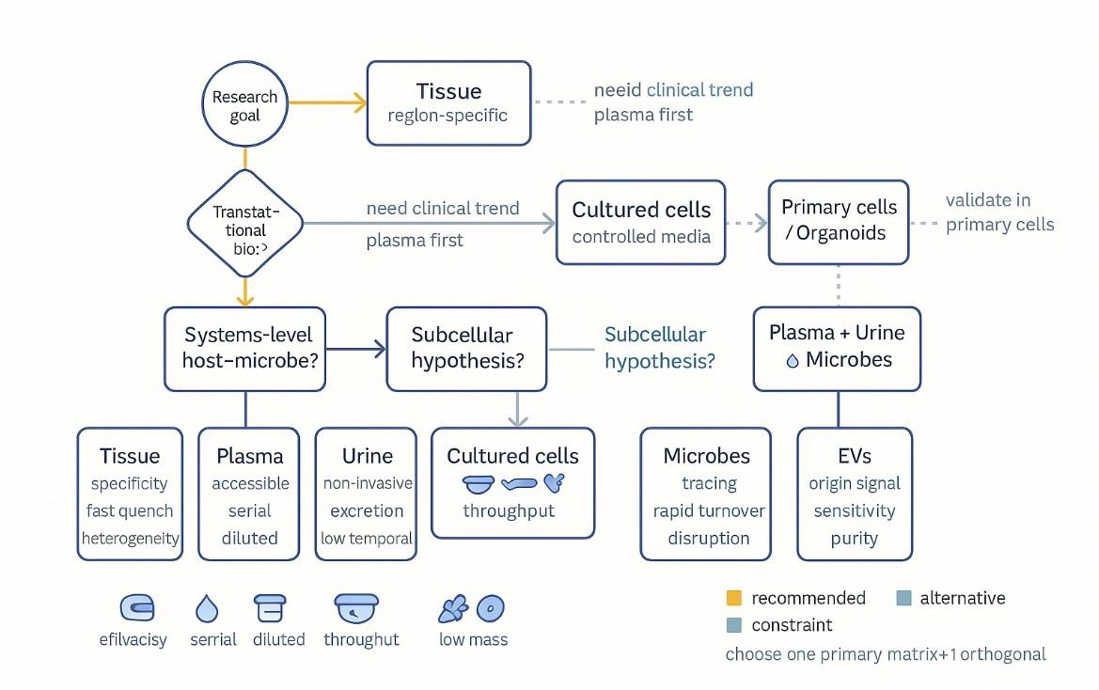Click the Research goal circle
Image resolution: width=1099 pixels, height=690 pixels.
coord(244,105)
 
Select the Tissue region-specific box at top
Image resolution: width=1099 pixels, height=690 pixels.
coord(448,103)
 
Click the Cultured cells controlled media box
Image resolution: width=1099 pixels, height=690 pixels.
coord(641,223)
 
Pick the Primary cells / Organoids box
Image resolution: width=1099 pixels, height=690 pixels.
coord(840,221)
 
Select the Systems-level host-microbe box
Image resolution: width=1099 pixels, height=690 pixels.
coord(245,348)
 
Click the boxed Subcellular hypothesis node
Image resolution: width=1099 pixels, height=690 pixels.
coord(466,348)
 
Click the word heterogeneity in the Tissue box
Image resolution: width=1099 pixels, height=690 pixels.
coord(130,539)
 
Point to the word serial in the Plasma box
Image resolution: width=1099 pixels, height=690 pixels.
coord(249,511)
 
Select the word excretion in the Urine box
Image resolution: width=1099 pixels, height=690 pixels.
coord(366,511)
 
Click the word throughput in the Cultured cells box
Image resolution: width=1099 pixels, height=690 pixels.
coord(509,511)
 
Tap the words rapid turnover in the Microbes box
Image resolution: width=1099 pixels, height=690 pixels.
coord(709,511)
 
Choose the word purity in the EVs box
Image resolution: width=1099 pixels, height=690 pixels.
coord(854,539)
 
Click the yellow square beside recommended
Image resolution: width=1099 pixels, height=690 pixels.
coord(734,598)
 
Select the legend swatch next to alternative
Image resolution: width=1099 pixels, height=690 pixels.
coord(903,598)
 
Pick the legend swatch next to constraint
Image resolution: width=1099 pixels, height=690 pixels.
coord(734,625)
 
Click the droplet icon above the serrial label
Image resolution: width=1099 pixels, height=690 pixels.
coord(207,610)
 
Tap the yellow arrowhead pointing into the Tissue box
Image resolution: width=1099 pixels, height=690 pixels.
coord(357,104)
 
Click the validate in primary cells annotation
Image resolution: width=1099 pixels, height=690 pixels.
coord(999,212)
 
